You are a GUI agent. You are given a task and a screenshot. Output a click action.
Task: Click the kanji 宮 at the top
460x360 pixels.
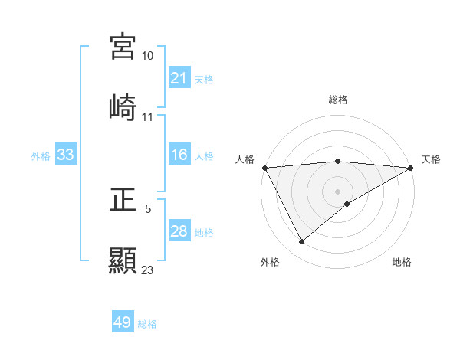point(123,47)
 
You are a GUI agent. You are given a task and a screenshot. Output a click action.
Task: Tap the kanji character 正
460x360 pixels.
point(123,201)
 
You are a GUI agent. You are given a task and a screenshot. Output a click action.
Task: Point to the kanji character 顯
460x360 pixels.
point(123,260)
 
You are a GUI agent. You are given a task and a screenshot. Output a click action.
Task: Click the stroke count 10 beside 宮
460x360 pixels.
point(148,56)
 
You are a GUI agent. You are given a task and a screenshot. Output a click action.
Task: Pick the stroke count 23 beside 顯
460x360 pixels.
point(148,269)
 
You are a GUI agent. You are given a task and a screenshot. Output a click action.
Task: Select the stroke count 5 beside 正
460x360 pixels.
point(148,208)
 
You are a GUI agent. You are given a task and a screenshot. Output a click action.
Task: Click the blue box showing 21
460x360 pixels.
point(179,78)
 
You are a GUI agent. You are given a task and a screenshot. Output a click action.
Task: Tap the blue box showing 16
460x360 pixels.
point(179,155)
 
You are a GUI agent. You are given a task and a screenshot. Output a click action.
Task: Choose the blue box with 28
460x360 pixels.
point(179,231)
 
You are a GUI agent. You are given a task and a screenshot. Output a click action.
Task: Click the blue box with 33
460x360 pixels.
point(66,155)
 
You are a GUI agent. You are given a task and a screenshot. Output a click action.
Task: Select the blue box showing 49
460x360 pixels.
point(123,322)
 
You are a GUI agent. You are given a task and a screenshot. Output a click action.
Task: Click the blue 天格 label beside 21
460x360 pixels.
point(204,79)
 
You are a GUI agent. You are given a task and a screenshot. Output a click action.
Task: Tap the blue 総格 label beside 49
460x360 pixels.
point(147,323)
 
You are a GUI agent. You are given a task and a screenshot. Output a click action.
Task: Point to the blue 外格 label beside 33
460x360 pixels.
point(41,155)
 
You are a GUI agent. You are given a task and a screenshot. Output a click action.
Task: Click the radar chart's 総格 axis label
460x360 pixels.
point(337,100)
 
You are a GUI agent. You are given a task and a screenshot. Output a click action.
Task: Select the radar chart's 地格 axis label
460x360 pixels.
point(402,262)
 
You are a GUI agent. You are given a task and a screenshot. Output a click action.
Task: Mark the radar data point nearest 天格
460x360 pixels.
point(411,167)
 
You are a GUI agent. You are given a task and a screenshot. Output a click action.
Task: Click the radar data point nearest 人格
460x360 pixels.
point(264,167)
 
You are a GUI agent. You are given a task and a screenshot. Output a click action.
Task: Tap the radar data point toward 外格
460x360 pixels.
point(301,241)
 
